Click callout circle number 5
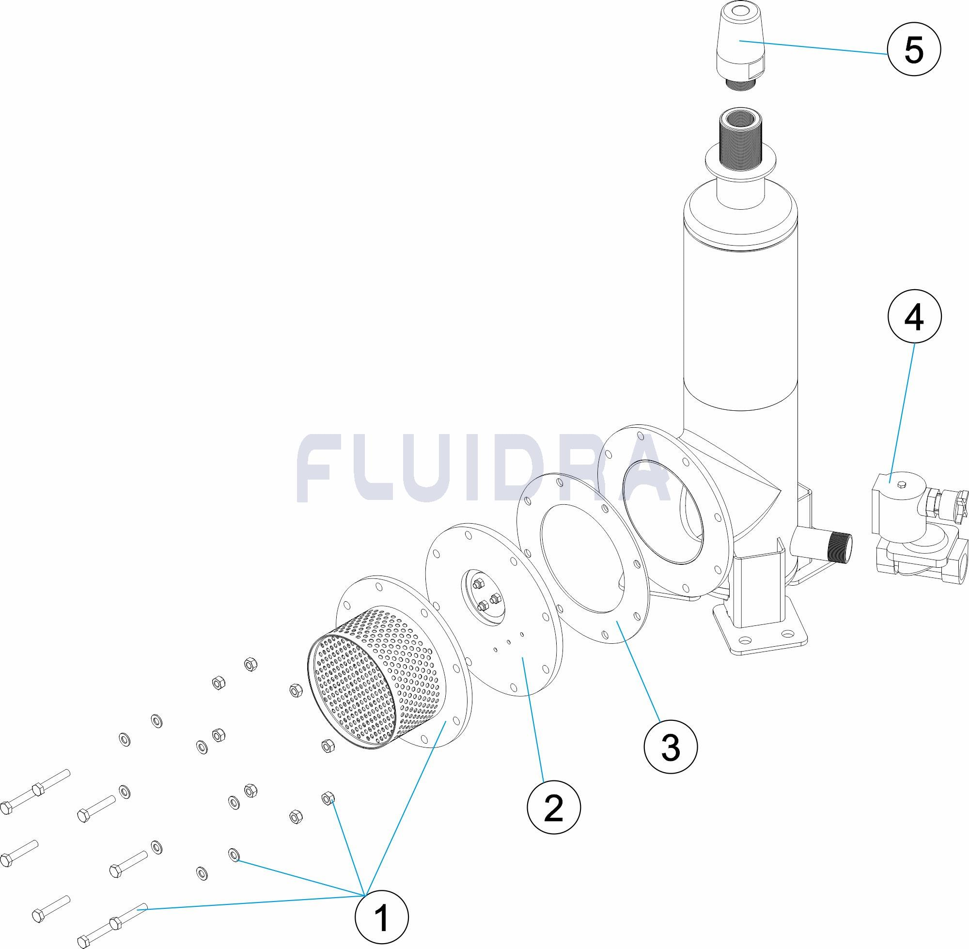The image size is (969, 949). click(x=914, y=50)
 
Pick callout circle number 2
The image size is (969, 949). click(x=554, y=807)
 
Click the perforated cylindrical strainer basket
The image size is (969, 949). click(x=369, y=683)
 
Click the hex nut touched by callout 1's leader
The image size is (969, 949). click(x=328, y=798)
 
